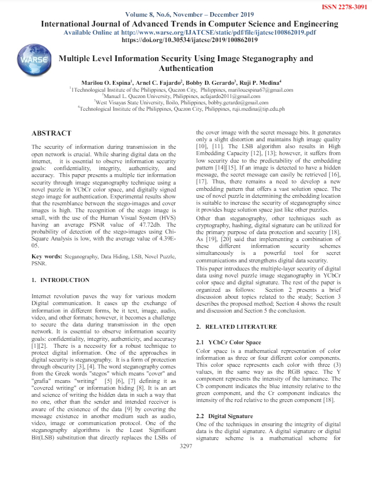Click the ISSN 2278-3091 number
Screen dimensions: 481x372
pyautogui.click(x=343, y=6)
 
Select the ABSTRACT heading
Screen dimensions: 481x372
pyautogui.click(x=51, y=133)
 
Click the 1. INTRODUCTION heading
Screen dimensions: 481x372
pyautogui.click(x=61, y=280)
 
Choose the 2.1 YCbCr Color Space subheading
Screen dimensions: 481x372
pyautogui.click(x=229, y=343)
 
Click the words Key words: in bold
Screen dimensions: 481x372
pyautogui.click(x=47, y=255)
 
